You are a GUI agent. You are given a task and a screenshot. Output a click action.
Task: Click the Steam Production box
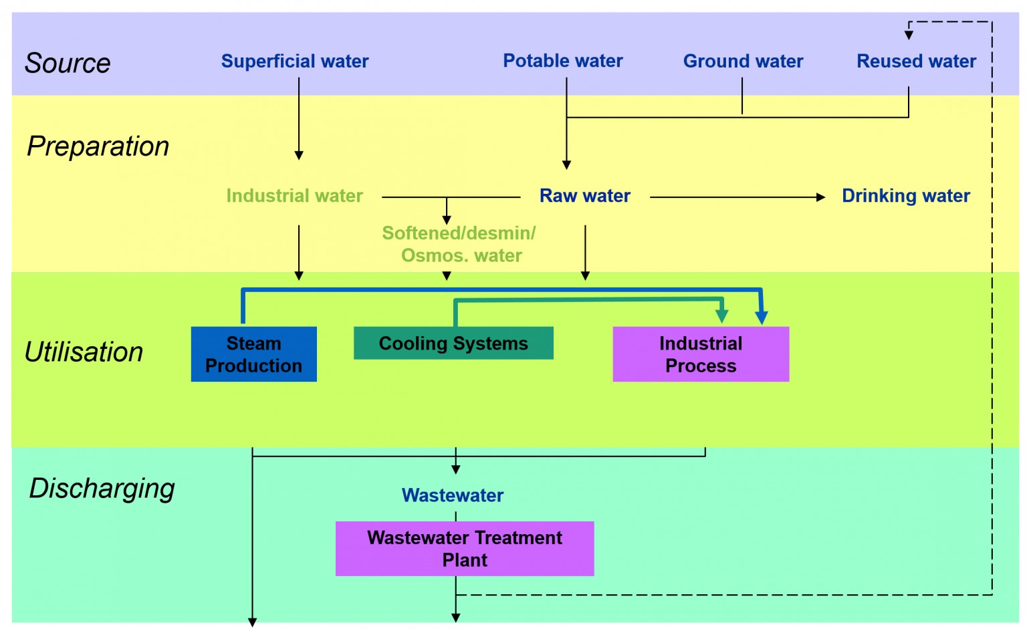point(253,354)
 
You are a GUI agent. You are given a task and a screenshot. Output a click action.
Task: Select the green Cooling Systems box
point(453,343)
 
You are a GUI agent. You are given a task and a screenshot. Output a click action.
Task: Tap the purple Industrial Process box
point(701,354)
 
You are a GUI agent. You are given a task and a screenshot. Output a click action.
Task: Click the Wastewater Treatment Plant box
point(465,549)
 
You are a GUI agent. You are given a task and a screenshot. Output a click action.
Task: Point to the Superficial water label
point(295,61)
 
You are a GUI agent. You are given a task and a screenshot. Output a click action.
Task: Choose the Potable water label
point(563,61)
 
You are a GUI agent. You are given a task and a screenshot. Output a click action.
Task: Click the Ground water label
point(743,61)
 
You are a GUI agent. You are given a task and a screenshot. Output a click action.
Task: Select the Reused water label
point(916,61)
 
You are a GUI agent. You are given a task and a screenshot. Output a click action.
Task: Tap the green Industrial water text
point(294,196)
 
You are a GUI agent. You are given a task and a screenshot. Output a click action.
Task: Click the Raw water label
point(585,196)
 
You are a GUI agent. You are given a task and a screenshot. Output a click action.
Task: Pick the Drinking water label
point(906,196)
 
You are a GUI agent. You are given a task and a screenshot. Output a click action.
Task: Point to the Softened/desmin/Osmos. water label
point(459,244)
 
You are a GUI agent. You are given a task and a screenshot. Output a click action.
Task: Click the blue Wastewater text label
point(453,495)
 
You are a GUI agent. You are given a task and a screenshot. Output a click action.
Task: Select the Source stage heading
point(68,64)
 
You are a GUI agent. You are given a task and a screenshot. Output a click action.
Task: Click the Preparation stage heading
point(98,146)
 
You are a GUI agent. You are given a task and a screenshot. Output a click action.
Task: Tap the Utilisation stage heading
point(84,352)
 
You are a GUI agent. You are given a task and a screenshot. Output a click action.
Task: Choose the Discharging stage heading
point(102,489)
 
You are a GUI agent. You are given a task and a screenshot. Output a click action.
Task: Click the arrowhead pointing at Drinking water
point(821,197)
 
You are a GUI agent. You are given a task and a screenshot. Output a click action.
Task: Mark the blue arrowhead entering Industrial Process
point(762,318)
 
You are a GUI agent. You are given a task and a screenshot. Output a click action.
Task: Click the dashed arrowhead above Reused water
point(909,35)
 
